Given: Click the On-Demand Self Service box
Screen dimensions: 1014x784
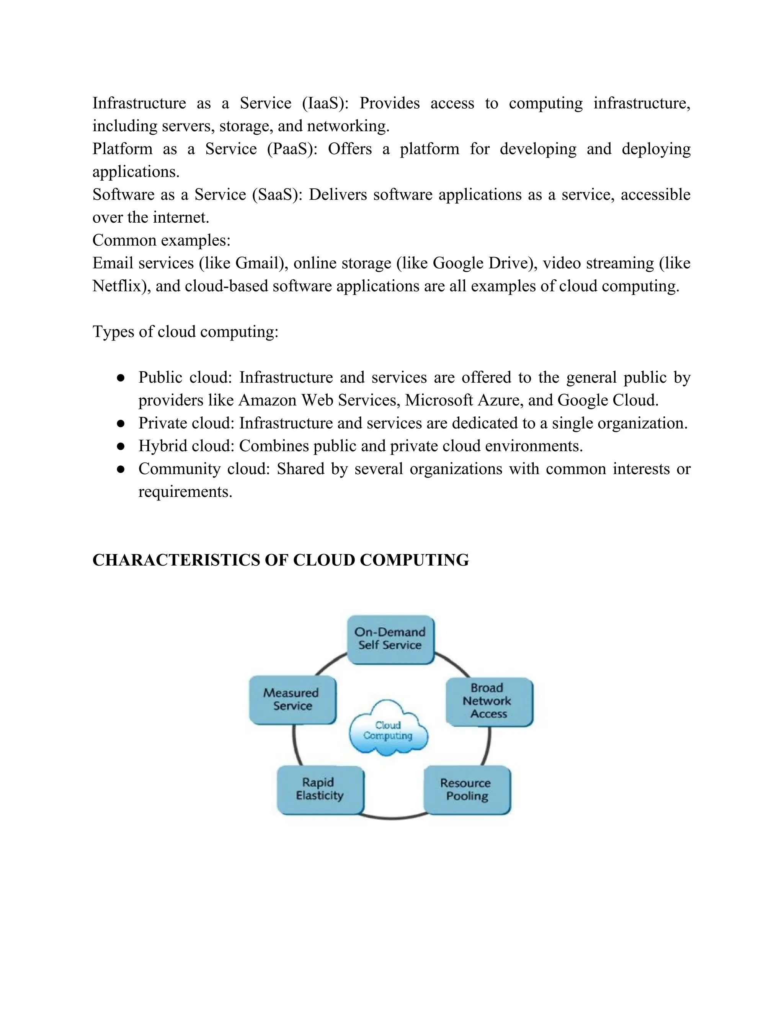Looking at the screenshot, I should point(390,639).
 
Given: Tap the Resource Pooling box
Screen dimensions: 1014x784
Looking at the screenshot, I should point(466,790).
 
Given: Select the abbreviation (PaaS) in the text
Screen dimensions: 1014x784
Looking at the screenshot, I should point(292,149).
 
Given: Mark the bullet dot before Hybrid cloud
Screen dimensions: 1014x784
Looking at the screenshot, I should point(121,447).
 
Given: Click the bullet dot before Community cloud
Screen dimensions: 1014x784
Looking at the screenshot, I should point(121,470).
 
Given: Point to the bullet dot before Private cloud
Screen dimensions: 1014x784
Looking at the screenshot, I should point(121,424).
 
